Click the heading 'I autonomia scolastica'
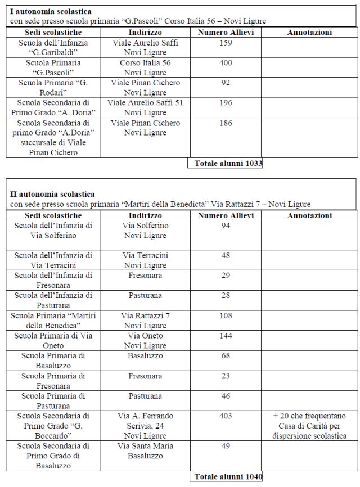[x=51, y=11]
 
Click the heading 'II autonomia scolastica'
[x=53, y=194]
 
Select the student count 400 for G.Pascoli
[x=226, y=63]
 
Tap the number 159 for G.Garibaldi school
[x=226, y=43]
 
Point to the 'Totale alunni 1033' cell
[x=226, y=163]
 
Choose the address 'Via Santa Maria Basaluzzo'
[x=145, y=451]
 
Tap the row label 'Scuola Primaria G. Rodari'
[x=53, y=88]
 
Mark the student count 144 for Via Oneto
[x=226, y=336]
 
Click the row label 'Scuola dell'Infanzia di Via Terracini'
[x=53, y=260]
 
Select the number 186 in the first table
[x=226, y=123]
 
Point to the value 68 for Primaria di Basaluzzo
[x=226, y=356]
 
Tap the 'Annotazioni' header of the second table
[x=309, y=215]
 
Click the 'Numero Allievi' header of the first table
[x=226, y=33]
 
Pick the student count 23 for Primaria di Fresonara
[x=226, y=376]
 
